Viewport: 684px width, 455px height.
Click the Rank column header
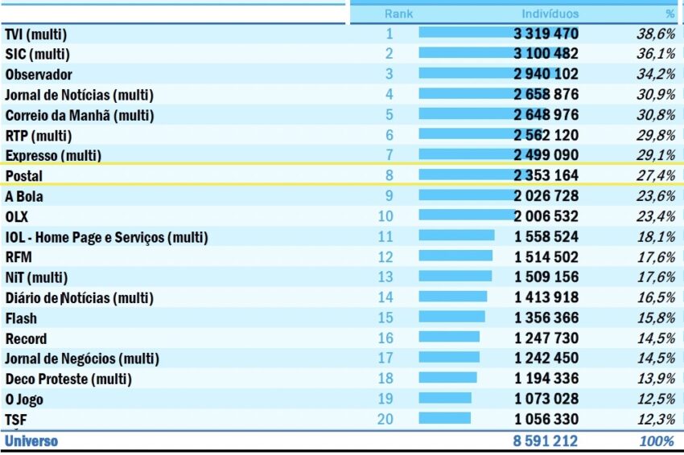click(x=398, y=14)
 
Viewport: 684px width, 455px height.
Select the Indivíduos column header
click(x=550, y=14)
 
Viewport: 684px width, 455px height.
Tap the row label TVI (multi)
click(x=35, y=34)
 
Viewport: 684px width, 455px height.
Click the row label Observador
click(x=38, y=74)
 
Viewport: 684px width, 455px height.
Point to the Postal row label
click(x=23, y=175)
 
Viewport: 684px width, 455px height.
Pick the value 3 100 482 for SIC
click(x=546, y=54)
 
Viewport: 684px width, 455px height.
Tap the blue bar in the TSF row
click(x=444, y=418)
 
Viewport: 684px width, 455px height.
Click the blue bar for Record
click(x=448, y=337)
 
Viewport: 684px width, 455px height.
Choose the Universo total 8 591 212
click(x=546, y=441)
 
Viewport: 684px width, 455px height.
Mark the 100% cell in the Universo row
click(x=657, y=441)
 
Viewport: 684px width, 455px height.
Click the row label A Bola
click(x=24, y=196)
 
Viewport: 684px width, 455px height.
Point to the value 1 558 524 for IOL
click(x=546, y=237)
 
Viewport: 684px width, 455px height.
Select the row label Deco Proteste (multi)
click(x=68, y=379)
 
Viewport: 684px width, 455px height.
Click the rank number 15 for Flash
click(x=386, y=318)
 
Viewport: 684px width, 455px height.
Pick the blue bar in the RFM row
click(x=455, y=256)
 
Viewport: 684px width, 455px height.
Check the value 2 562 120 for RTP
click(x=546, y=135)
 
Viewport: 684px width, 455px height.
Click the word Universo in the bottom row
click(x=31, y=441)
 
